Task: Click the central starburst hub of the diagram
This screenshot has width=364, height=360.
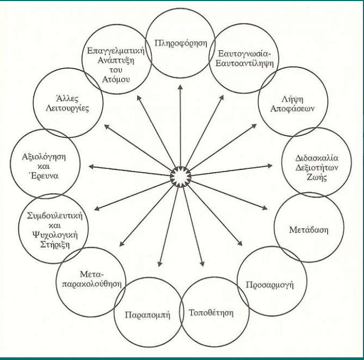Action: tap(180, 177)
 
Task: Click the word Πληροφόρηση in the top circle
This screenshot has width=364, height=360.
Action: tap(181, 43)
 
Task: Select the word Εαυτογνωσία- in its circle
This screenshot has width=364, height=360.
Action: tap(244, 53)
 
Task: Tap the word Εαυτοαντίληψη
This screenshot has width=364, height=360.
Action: tap(244, 64)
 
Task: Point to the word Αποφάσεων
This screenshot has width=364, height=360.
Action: tap(292, 109)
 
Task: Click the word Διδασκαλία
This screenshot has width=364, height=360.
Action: tap(317, 158)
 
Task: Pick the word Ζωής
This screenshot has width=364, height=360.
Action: tap(317, 177)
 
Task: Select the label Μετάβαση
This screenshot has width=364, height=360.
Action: tap(309, 230)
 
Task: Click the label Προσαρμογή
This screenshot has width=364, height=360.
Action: tap(270, 285)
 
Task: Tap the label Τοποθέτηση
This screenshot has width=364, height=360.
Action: tap(211, 313)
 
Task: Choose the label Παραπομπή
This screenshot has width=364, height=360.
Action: tap(147, 315)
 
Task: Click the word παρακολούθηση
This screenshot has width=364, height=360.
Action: tap(92, 284)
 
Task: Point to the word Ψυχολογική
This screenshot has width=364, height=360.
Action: tap(55, 235)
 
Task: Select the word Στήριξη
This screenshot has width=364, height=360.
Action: tap(55, 245)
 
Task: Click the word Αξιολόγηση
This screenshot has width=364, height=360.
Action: tap(44, 157)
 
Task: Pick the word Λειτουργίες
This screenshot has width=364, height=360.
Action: tap(67, 109)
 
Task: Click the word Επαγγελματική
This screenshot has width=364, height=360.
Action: tap(116, 51)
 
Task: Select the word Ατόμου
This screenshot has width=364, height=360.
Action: tap(116, 79)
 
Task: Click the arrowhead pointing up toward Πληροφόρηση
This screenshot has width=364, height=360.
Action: tap(180, 87)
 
